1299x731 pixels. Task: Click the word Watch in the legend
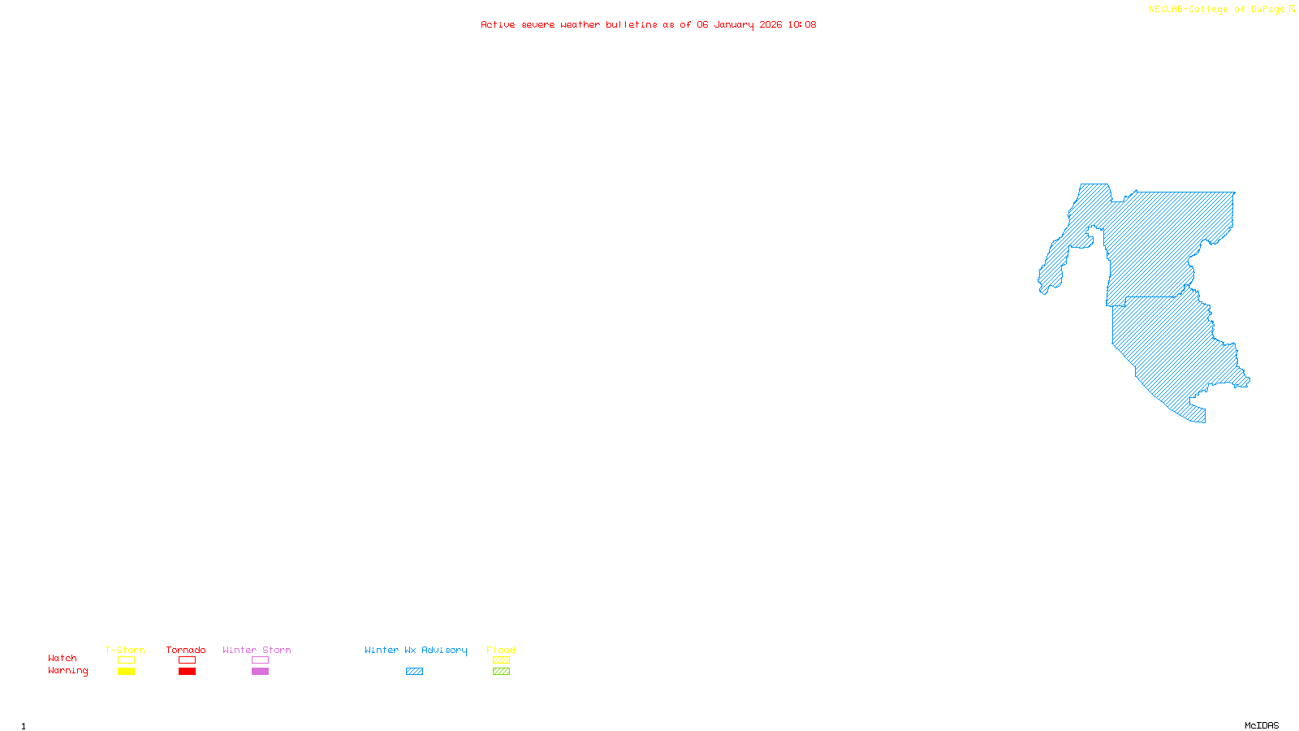63,658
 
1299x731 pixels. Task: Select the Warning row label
67,671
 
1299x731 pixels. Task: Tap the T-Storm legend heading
125,650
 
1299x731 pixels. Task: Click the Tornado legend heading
186,650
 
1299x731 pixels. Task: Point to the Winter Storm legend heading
257,650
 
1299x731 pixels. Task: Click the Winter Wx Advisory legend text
416,650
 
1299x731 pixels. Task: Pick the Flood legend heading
501,650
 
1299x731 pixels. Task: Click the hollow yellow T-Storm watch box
126,660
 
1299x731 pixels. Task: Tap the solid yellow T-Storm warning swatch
126,672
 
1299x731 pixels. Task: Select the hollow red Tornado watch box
187,660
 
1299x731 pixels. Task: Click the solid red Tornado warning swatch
187,672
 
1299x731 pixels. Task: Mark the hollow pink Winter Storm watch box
260,660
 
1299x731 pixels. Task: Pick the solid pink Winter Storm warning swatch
260,672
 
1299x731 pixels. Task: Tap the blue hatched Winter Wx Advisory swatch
414,672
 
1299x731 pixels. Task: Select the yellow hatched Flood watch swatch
501,660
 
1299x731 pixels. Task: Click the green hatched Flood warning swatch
501,672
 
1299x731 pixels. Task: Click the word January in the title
734,24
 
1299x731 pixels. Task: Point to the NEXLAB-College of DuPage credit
1217,10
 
